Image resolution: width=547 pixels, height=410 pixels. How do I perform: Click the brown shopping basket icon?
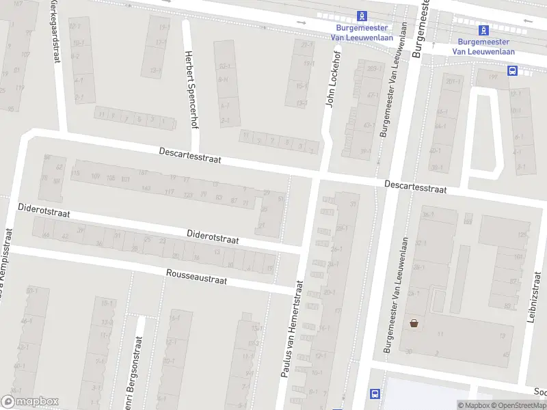coord(414,323)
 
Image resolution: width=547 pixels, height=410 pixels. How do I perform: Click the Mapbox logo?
coord(29,402)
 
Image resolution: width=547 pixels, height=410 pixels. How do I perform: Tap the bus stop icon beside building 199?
coord(511,70)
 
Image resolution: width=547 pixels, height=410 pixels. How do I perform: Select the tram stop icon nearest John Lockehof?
coord(363,16)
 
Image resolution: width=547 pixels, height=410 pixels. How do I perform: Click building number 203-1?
coord(372,69)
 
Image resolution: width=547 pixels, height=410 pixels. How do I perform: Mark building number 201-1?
coord(452,82)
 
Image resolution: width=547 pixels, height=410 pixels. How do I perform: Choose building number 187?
coord(143,172)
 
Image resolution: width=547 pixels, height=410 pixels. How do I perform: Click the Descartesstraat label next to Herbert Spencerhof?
coord(190,155)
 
